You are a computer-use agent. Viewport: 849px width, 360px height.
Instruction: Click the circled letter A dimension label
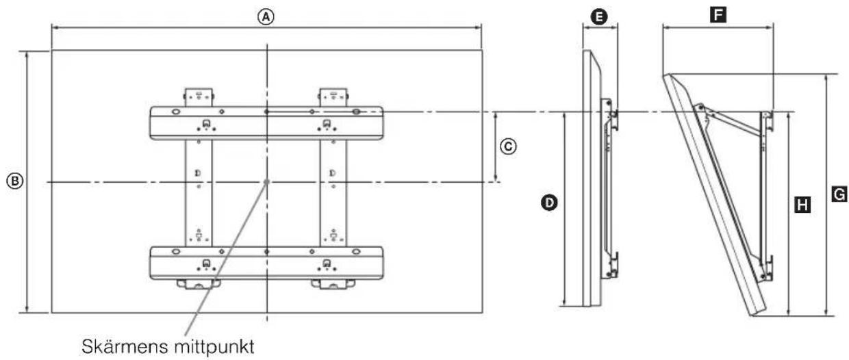point(266,17)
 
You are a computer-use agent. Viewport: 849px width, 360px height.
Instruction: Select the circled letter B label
point(15,181)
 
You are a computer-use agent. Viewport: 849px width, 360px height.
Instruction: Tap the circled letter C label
point(508,146)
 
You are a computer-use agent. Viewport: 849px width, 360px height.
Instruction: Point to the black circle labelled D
point(549,203)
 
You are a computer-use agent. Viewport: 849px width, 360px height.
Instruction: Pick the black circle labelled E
point(599,17)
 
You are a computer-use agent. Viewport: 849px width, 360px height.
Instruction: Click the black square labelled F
point(718,15)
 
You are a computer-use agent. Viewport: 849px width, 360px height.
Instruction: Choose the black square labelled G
point(839,194)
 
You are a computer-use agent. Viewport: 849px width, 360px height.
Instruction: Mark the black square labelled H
point(802,205)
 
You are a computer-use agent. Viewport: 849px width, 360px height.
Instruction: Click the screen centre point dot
point(267,182)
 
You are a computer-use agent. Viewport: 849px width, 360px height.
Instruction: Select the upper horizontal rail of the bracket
point(266,123)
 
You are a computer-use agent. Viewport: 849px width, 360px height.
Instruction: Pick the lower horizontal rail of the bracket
point(266,263)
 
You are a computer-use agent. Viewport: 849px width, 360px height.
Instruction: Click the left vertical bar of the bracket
point(199,193)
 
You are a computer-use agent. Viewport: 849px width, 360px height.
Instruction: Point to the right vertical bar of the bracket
point(333,193)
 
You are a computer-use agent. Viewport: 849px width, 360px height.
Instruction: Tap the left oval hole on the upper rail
point(176,112)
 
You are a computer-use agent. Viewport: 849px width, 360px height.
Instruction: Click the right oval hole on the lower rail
point(356,252)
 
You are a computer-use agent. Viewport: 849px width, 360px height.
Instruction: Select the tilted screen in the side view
point(714,195)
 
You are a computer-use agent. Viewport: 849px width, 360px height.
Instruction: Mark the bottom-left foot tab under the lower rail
point(199,284)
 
